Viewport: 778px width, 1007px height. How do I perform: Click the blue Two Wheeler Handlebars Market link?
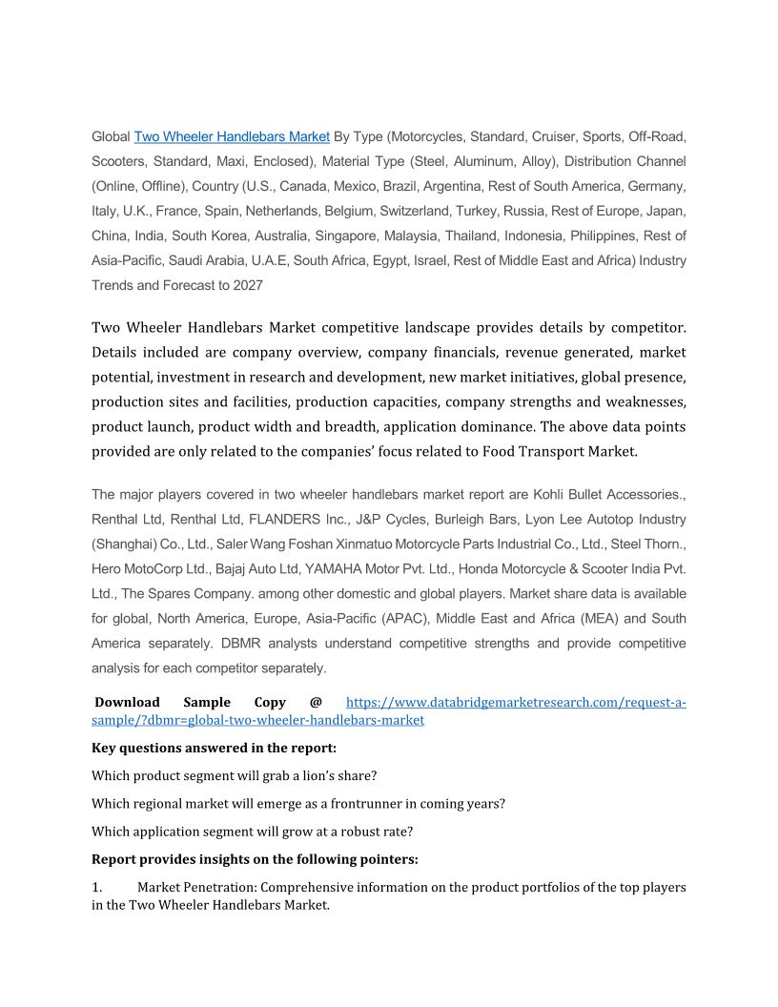[x=232, y=136]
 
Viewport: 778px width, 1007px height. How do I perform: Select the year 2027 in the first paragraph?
[x=247, y=285]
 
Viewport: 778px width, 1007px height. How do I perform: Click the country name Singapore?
[x=362, y=236]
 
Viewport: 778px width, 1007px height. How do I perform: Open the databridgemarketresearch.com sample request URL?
[x=515, y=703]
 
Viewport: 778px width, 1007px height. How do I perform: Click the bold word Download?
[x=127, y=703]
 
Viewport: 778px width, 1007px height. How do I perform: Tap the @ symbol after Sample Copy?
[x=316, y=703]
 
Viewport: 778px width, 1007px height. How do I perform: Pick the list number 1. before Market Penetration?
[x=96, y=887]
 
